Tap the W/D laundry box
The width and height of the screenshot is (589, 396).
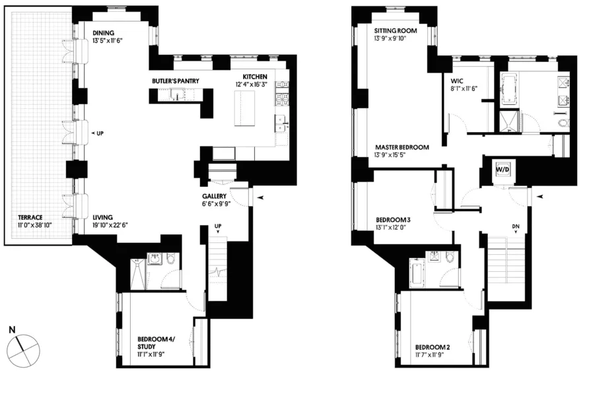point(503,169)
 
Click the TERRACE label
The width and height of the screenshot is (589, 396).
point(30,217)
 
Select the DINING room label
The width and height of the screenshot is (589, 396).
point(104,33)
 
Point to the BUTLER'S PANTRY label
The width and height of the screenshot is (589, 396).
point(176,81)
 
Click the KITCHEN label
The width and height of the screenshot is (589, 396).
point(254,77)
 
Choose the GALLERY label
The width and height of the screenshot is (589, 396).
point(215,197)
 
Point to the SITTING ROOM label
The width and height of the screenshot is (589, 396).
point(396,31)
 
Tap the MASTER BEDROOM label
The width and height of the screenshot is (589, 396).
point(402,147)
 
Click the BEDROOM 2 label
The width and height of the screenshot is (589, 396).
point(433,347)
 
